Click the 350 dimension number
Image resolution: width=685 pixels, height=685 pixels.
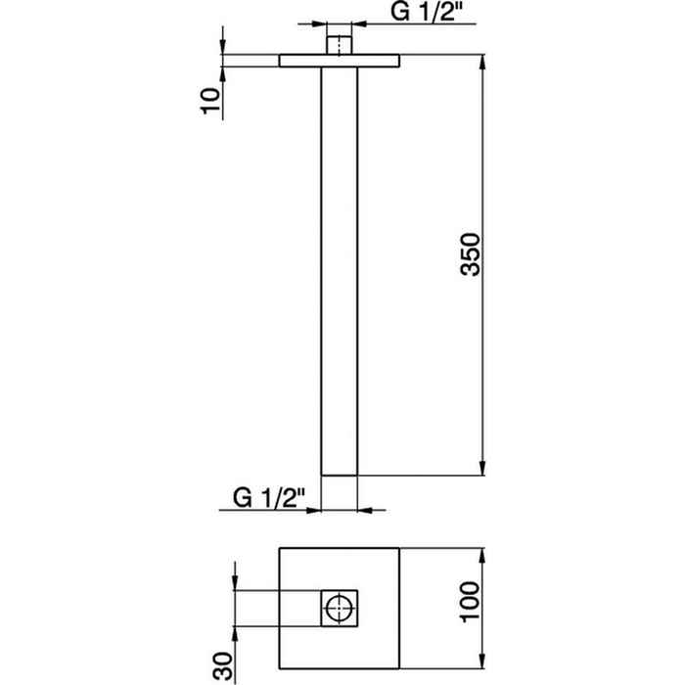coord(471,254)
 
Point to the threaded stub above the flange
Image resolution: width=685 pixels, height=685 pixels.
coord(340,45)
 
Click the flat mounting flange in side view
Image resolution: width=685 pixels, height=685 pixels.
coord(340,61)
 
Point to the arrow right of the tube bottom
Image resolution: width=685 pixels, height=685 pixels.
coord(366,509)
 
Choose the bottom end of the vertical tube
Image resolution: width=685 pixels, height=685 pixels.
coord(340,474)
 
